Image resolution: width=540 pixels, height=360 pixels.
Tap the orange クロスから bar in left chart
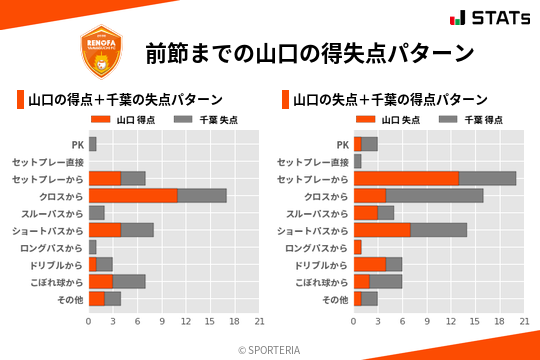pos(133,195)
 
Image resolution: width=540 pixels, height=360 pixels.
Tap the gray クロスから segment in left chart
pos(202,195)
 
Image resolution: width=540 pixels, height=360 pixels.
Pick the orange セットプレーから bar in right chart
pos(406,178)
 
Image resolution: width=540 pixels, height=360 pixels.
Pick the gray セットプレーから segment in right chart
pos(487,178)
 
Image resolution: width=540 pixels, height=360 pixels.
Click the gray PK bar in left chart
pos(93,144)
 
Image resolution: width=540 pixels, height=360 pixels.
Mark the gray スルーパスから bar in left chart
pos(97,213)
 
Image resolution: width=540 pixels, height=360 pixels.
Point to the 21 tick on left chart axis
pos(259,322)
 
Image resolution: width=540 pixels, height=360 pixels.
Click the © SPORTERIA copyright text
pos(270,349)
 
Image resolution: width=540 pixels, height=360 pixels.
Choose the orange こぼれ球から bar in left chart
pos(101,281)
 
